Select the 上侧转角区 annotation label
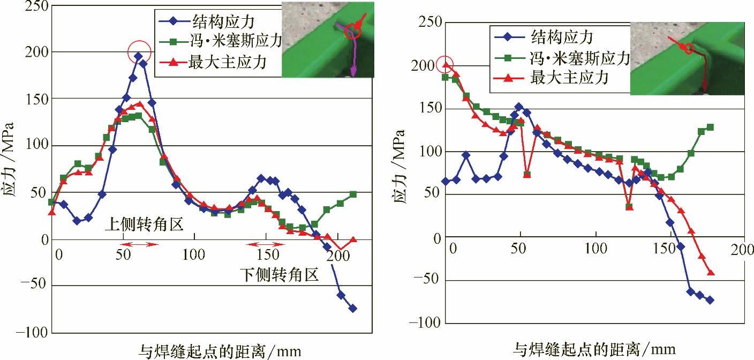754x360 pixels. (144, 224)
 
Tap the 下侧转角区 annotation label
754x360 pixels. (278, 275)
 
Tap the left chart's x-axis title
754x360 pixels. (220, 351)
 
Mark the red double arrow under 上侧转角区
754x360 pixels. (138, 245)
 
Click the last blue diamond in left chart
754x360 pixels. (353, 308)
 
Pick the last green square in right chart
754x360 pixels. (710, 127)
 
